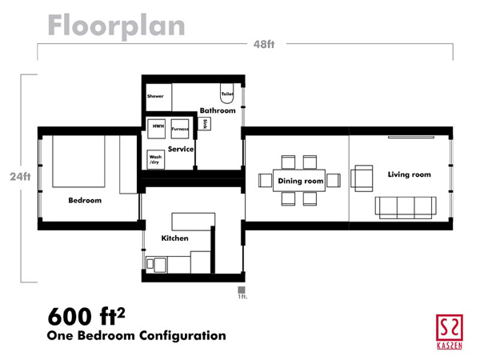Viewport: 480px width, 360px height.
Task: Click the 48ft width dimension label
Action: [x=264, y=44]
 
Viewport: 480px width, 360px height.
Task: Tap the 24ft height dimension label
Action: [x=20, y=177]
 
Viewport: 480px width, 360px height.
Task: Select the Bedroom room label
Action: [x=85, y=201]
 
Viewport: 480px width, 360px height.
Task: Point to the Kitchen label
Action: [x=174, y=238]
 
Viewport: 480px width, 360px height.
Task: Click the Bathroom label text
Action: [x=218, y=110]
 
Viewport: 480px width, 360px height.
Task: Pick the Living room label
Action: [x=410, y=174]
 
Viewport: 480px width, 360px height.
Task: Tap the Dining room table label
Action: [x=301, y=181]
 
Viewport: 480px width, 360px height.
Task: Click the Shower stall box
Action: [x=159, y=98]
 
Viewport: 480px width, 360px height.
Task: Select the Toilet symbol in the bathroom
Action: [x=227, y=93]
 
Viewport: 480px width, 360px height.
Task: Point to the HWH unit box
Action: [x=157, y=129]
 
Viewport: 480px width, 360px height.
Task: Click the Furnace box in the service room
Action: [x=180, y=129]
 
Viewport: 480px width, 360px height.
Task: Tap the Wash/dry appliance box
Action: [x=155, y=159]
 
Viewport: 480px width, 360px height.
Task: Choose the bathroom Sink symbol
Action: [x=205, y=124]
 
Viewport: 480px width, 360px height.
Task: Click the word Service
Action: [x=181, y=149]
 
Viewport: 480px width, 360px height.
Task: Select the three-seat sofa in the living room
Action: [x=406, y=208]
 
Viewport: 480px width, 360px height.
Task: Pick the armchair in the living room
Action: [x=362, y=178]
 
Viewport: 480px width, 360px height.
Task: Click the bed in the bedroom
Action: [x=78, y=162]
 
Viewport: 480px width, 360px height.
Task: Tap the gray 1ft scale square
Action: [x=242, y=290]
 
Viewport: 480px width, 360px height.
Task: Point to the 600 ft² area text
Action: [x=86, y=316]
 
